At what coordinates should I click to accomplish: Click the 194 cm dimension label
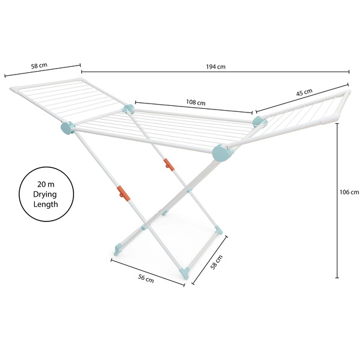click(214, 67)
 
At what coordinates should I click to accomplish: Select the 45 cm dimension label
click(304, 93)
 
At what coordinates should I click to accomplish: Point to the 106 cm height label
click(349, 193)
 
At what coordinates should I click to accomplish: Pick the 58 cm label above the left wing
click(40, 64)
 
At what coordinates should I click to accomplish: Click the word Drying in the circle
click(46, 194)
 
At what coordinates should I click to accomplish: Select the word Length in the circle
click(46, 204)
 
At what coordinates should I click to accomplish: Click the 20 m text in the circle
click(46, 184)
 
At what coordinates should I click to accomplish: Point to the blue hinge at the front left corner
click(67, 128)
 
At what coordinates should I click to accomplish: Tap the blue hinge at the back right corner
click(259, 122)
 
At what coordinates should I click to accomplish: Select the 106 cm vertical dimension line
click(337, 199)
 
